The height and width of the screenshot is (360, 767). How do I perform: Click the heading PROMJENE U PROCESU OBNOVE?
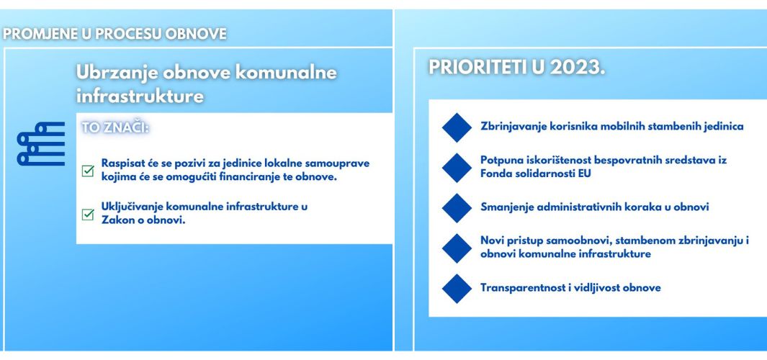[x=115, y=34]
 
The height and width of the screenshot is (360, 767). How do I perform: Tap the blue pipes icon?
[x=41, y=144]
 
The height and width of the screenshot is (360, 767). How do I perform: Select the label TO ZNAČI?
[x=116, y=127]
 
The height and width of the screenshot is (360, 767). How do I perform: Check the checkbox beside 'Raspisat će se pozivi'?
[x=88, y=171]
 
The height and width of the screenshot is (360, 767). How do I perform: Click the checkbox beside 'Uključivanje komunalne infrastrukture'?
[x=88, y=215]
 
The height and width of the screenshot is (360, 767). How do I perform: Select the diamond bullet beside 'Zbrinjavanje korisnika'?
[x=457, y=127]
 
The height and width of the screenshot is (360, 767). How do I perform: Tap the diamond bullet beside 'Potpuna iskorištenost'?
[x=457, y=168]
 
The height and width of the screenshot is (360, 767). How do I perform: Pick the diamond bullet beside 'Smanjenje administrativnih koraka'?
[x=457, y=208]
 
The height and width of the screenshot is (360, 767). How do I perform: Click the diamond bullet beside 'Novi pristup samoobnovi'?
[x=457, y=248]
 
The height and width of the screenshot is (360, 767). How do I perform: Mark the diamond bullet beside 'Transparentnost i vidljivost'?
[x=457, y=289]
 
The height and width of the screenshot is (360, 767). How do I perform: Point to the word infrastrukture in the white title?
[x=140, y=96]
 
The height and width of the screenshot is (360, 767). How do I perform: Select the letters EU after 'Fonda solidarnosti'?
[x=584, y=173]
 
